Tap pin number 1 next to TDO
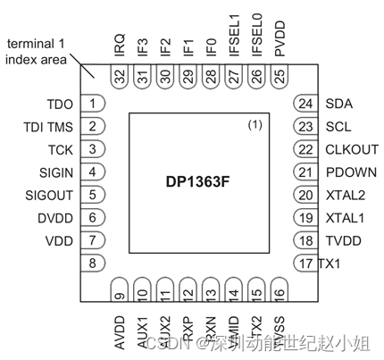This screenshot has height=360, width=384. [x=92, y=104]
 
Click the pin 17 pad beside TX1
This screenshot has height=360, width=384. [x=305, y=263]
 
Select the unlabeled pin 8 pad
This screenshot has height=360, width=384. [x=92, y=263]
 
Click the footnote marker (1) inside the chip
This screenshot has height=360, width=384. [x=254, y=125]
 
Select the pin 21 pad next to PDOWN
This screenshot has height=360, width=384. [x=305, y=172]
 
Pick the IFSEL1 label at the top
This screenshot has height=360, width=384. [x=235, y=41]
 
